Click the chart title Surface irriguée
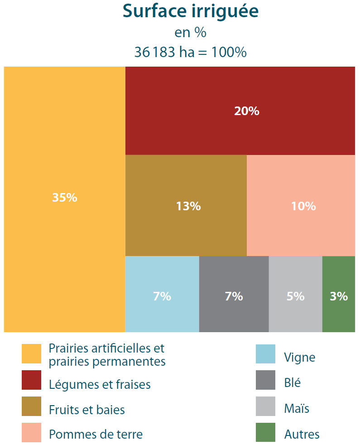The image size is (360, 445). coord(191,12)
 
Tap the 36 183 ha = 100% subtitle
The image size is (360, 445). coord(191,52)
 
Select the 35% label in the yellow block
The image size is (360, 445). coord(65,198)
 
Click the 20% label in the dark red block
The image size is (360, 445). coord(247,111)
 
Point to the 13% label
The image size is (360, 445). coord(188,206)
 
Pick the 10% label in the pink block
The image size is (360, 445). coord(303,206)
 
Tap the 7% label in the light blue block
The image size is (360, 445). coord(162,296)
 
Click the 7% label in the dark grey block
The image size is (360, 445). coord(234,296)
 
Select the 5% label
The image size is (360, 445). coord(296,296)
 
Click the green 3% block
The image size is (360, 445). coord(339,296)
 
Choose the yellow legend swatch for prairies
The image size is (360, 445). coord(31,353)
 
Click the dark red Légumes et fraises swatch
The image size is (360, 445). coord(31,380)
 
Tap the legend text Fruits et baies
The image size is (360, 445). coord(87,410)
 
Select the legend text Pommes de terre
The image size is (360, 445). coord(96,434)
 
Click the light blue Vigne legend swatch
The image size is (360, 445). coord(265,354)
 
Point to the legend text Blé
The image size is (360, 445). coord(293,383)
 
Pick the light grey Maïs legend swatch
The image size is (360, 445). coord(265,406)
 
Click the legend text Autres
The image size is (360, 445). coord(302,434)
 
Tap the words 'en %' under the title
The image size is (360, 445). coord(191,33)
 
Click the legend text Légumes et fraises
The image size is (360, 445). coord(100,385)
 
